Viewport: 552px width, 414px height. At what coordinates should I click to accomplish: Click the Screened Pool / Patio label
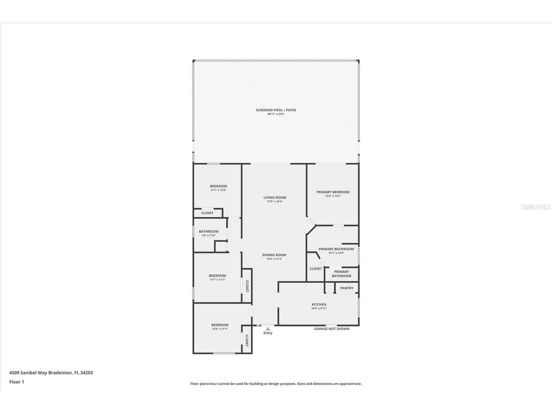[x=276, y=110]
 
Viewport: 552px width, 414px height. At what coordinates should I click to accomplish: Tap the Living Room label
[x=275, y=198]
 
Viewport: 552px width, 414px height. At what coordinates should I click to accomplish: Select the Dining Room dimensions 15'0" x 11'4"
[x=274, y=259]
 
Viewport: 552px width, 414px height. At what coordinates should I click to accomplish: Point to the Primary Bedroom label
[x=333, y=192]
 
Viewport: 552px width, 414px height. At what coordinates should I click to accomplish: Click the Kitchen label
[x=319, y=305]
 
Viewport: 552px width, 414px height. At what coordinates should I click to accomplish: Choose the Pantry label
[x=347, y=288]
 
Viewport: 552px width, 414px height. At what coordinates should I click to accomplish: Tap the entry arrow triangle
[x=268, y=329]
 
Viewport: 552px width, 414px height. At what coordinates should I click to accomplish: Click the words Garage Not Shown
[x=331, y=329]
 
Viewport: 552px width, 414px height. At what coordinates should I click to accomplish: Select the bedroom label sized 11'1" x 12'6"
[x=218, y=186]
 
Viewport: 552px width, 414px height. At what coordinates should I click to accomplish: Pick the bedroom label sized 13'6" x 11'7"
[x=220, y=325]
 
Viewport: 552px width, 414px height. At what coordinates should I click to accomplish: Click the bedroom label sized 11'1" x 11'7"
[x=217, y=276]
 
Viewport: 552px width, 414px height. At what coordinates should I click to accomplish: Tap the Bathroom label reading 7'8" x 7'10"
[x=209, y=232]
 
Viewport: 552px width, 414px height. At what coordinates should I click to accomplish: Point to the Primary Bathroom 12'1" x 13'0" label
[x=336, y=249]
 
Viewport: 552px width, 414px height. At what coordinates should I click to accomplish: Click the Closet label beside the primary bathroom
[x=316, y=269]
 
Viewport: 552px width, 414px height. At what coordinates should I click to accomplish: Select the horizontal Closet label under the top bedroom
[x=207, y=213]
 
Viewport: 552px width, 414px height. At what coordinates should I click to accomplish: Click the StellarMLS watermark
[x=535, y=207]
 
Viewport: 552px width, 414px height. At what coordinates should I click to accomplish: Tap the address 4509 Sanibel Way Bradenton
[x=51, y=373]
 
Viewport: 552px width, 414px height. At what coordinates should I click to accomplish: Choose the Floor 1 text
[x=17, y=382]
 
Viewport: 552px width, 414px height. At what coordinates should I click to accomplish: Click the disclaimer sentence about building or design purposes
[x=276, y=384]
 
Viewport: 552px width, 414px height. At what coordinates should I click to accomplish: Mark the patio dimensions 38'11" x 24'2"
[x=276, y=114]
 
